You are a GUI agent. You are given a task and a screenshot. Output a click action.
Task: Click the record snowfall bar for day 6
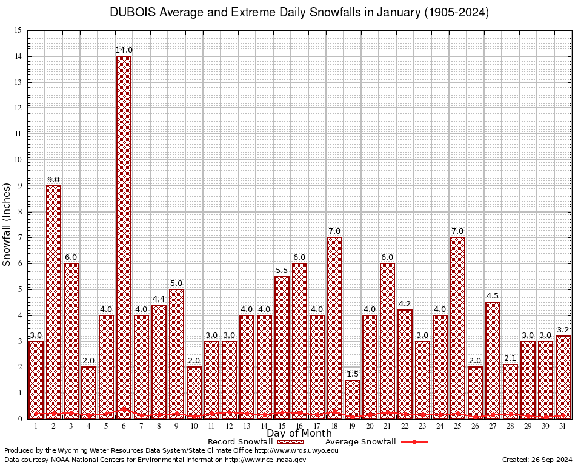click(124, 236)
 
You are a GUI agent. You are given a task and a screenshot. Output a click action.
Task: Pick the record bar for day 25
click(457, 327)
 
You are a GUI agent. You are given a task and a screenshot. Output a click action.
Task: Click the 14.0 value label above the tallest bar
click(124, 50)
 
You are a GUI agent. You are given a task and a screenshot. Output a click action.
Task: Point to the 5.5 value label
click(282, 271)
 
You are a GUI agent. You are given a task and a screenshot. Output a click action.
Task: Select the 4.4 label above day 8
click(159, 299)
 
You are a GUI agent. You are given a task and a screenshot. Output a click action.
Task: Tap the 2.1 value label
click(510, 358)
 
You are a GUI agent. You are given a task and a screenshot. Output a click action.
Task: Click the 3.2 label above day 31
click(563, 330)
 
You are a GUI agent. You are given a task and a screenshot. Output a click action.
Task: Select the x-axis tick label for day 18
click(334, 426)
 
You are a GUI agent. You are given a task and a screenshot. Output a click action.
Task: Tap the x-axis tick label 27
click(493, 426)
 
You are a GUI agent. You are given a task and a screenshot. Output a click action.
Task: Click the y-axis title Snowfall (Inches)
click(7, 224)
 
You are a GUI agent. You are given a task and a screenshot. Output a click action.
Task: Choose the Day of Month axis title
click(299, 434)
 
